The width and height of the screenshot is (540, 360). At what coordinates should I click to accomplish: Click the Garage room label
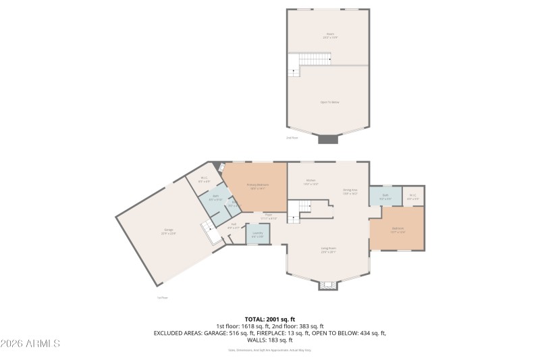168,232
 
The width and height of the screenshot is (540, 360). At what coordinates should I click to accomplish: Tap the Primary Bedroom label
256,186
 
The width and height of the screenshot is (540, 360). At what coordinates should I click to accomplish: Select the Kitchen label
311,182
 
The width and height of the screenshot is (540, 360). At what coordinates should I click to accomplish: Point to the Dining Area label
350,192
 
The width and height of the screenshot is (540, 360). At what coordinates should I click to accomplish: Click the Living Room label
329,250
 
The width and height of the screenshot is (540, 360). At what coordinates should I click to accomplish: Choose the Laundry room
257,234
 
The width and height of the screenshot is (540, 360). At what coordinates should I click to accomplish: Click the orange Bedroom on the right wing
398,230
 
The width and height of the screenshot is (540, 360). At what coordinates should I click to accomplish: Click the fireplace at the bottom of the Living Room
328,286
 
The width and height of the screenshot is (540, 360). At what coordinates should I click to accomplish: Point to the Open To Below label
329,102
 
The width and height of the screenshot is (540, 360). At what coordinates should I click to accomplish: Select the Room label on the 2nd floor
329,35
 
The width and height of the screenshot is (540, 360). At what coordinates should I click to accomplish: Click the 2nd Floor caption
292,138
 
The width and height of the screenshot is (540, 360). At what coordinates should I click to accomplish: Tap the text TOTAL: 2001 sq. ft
269,319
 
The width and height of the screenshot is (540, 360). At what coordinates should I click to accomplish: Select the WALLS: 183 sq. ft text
269,340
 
